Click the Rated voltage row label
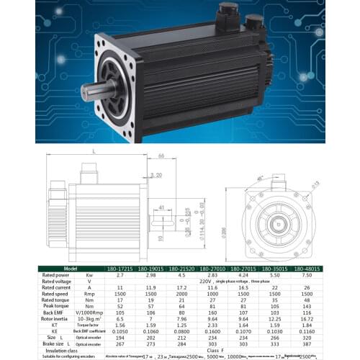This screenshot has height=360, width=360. coord(57,281)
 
